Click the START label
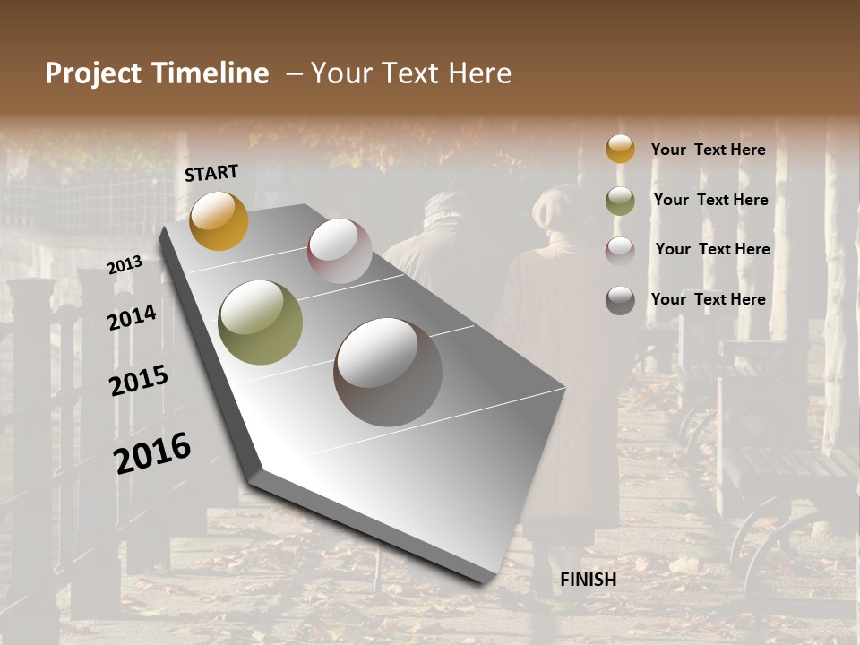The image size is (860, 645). [211, 173]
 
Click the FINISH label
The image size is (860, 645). [588, 580]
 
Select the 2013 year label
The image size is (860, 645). [125, 265]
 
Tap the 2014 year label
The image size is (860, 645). [133, 317]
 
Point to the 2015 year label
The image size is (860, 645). [139, 381]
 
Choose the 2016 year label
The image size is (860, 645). [152, 452]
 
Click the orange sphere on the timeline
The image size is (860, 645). [219, 220]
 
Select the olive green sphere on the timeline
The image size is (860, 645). [260, 322]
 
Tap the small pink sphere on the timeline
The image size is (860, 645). [340, 251]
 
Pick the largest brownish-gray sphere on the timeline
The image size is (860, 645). [388, 372]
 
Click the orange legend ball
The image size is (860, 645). [620, 149]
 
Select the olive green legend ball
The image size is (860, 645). [620, 201]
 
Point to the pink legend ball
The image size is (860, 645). [620, 250]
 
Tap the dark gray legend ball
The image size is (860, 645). [620, 300]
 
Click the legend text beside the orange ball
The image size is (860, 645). [708, 150]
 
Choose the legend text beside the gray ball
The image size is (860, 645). [708, 299]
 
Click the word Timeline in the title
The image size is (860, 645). [211, 73]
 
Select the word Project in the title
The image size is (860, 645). [93, 73]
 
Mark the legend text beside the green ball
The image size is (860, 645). [710, 200]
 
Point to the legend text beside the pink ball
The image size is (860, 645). [712, 249]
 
